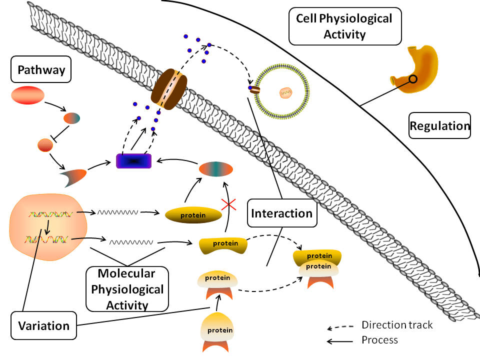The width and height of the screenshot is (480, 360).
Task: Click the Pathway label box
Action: pyautogui.click(x=41, y=70)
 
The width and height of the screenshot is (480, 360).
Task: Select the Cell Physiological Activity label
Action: pyautogui.click(x=344, y=26)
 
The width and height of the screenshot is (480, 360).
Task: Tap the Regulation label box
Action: pyautogui.click(x=439, y=126)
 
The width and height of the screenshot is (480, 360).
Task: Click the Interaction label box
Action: pyautogui.click(x=281, y=213)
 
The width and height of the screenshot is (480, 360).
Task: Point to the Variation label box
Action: pyautogui.click(x=43, y=326)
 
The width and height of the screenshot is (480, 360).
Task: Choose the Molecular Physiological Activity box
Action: pyautogui.click(x=127, y=289)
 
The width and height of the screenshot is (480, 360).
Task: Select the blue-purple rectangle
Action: pyautogui.click(x=133, y=161)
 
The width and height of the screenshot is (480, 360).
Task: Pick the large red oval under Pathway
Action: pyautogui.click(x=27, y=95)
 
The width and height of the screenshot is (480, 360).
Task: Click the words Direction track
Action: pyautogui.click(x=397, y=325)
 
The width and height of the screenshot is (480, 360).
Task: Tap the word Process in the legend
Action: pyautogui.click(x=379, y=340)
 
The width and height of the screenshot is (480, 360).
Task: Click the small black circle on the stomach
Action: pyautogui.click(x=413, y=79)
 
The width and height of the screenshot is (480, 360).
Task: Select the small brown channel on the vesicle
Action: pyautogui.click(x=255, y=90)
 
